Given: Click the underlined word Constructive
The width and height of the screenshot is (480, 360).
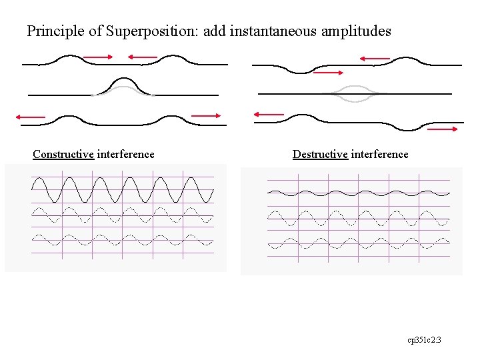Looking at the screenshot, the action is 63,154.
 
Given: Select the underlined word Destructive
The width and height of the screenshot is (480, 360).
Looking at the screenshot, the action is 320,154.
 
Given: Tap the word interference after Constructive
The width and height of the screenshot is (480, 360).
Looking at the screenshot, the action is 126,154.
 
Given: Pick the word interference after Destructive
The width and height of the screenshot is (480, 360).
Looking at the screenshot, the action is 380,154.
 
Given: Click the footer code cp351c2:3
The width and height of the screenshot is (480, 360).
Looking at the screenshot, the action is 425,340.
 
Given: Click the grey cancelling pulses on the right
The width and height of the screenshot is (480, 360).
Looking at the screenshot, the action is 353,93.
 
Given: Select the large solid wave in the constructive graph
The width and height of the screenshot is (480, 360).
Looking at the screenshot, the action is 123,190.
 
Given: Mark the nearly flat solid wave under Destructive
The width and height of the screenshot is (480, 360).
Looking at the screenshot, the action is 358,193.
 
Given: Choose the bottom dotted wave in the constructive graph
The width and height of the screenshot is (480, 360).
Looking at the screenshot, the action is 123,240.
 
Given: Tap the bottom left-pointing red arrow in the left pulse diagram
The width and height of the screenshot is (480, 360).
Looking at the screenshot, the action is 31,117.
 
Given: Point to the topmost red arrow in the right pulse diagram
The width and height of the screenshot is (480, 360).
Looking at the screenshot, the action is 375,59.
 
